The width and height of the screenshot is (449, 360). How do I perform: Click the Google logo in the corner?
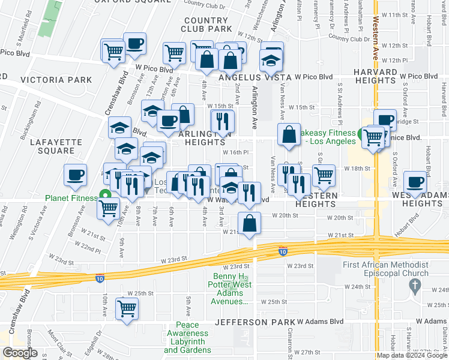[20, 352]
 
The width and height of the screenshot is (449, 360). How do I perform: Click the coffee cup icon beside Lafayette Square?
[76, 175]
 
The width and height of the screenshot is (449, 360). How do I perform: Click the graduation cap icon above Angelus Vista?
[271, 59]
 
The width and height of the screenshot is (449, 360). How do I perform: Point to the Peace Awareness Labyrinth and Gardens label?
[188, 341]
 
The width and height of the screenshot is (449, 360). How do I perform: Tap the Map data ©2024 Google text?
[411, 355]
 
